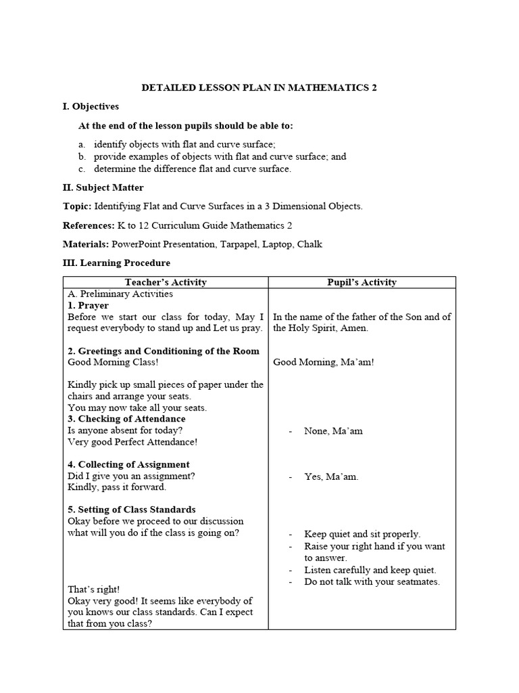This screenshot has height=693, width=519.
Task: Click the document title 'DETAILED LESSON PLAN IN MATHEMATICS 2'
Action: pyautogui.click(x=259, y=88)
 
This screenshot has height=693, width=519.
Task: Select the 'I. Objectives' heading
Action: pyautogui.click(x=91, y=107)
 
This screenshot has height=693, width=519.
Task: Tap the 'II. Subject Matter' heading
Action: pyautogui.click(x=103, y=187)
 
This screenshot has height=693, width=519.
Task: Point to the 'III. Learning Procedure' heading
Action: pyautogui.click(x=116, y=263)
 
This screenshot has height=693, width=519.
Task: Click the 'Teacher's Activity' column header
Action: pyautogui.click(x=166, y=282)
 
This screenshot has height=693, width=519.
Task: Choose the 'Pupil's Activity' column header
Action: pyautogui.click(x=362, y=282)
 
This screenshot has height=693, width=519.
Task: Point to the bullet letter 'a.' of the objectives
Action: pyautogui.click(x=82, y=145)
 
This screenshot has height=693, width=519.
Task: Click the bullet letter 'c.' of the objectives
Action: pyautogui.click(x=82, y=169)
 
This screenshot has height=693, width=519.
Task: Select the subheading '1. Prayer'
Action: pyautogui.click(x=89, y=305)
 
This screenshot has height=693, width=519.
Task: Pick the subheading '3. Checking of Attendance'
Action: pyautogui.click(x=126, y=419)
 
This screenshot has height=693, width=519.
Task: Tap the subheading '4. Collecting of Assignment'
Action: pyautogui.click(x=128, y=464)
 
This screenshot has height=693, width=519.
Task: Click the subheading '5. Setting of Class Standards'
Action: pyautogui.click(x=132, y=510)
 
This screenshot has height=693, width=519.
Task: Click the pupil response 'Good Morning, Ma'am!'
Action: pyautogui.click(x=323, y=362)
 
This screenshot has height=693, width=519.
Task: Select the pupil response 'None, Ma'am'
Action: pyautogui.click(x=333, y=430)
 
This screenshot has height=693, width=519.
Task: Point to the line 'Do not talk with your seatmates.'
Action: pyautogui.click(x=372, y=582)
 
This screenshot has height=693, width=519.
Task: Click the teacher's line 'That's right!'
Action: pyautogui.click(x=93, y=589)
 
